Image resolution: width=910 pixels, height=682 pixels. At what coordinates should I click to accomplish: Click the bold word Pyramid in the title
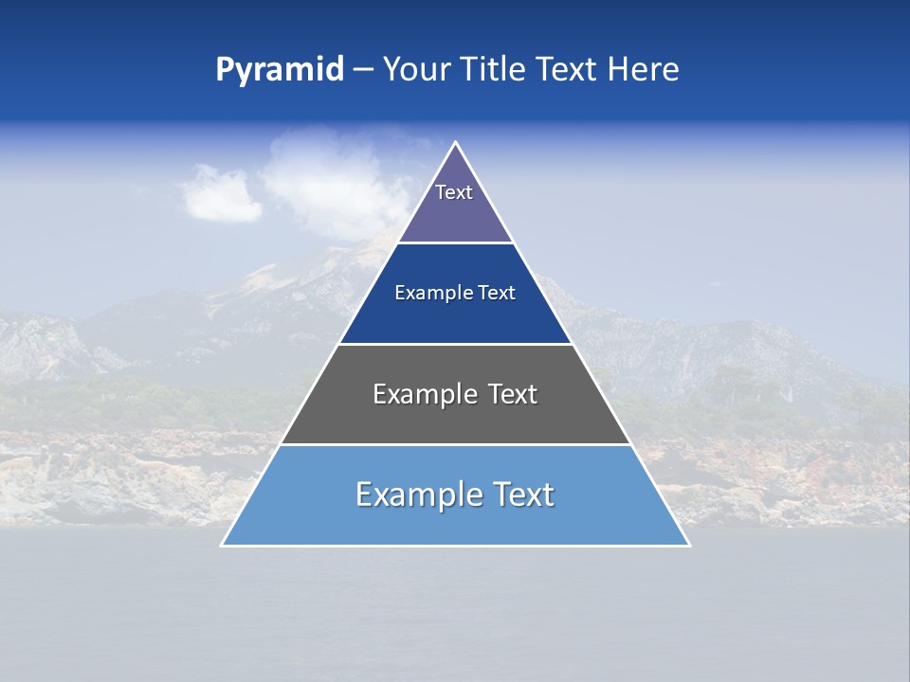(x=280, y=70)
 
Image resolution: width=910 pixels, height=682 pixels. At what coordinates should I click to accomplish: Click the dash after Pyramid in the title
(x=363, y=70)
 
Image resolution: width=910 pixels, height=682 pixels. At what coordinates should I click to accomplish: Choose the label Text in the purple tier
(x=454, y=192)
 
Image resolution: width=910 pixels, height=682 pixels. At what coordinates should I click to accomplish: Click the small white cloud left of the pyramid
(x=220, y=193)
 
